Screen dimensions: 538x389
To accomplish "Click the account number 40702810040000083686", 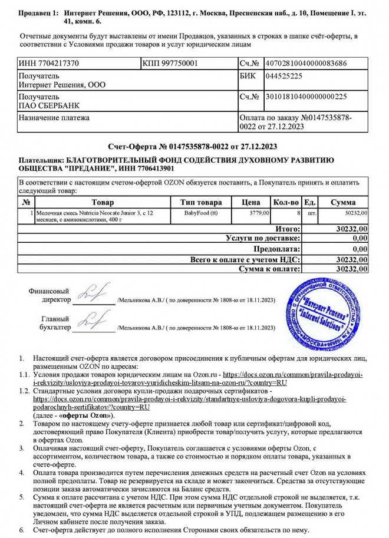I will point(306,63).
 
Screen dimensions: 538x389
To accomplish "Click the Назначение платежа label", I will point(54,118).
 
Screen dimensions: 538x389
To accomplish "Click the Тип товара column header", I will point(201,202).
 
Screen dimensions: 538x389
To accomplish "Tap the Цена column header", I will point(251,202).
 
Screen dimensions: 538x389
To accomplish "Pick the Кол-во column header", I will point(286,202).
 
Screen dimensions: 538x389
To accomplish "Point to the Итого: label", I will point(288,228).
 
